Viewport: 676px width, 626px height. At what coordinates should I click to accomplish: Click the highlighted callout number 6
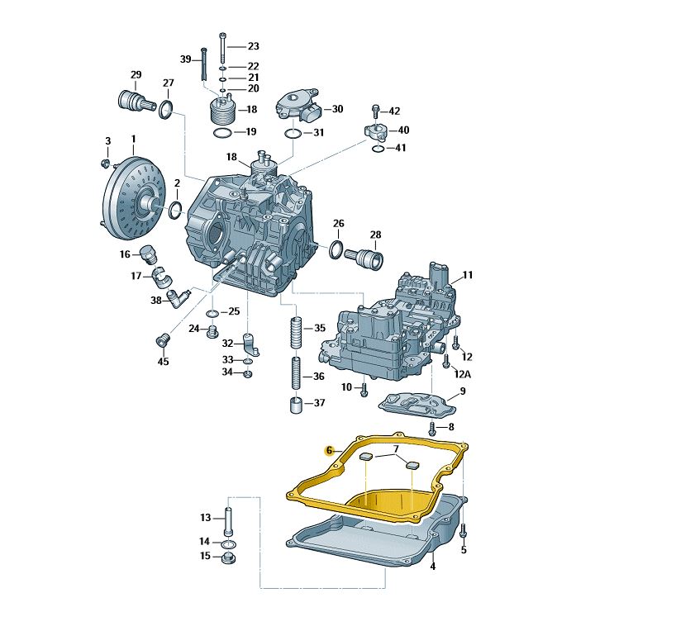[x=330, y=451]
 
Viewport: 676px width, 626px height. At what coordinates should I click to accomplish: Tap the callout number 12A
[x=462, y=373]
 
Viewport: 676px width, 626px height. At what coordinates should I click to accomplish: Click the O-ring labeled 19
[x=223, y=133]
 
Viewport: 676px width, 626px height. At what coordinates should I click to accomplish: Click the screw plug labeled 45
[x=162, y=340]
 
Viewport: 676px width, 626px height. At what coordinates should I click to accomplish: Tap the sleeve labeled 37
[x=296, y=405]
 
